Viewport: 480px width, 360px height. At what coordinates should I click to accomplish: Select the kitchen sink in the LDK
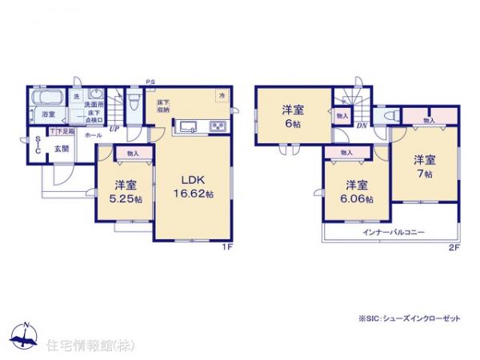(190, 126)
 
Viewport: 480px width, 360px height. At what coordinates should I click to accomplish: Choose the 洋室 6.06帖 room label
(357, 192)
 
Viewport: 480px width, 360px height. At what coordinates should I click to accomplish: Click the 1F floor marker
(227, 247)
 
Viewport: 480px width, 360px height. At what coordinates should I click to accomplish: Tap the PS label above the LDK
(149, 81)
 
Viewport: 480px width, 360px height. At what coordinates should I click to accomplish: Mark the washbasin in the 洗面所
(94, 94)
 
